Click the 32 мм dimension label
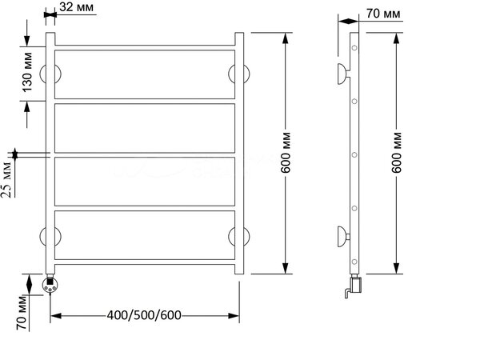76,7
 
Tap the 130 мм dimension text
27,72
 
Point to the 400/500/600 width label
144,315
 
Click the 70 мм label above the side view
383,14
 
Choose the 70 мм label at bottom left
22,313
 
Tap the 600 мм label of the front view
286,153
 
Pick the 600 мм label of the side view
397,153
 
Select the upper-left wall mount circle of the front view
50,74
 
